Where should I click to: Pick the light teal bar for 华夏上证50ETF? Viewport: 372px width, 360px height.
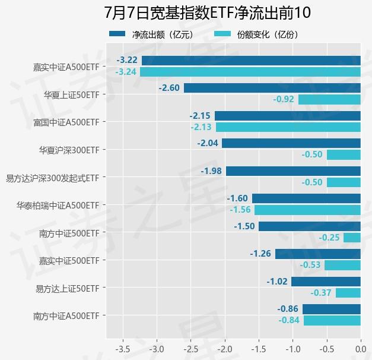click(329, 99)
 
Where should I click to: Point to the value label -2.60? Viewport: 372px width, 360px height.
click(169, 88)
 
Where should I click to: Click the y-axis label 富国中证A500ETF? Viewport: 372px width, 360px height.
click(66, 122)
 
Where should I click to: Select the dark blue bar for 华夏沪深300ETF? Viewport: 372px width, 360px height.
click(291, 143)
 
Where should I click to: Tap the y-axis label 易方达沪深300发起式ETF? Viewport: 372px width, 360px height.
click(52, 177)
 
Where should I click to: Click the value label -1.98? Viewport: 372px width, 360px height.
click(211, 171)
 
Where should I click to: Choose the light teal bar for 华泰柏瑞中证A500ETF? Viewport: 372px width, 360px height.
click(307, 210)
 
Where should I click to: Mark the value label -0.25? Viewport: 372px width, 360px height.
click(329, 238)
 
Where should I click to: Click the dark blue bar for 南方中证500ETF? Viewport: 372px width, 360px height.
click(310, 226)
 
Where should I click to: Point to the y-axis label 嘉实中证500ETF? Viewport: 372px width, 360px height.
click(69, 260)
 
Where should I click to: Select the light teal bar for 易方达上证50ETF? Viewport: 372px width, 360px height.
click(348, 293)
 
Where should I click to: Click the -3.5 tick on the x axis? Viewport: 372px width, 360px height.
click(122, 348)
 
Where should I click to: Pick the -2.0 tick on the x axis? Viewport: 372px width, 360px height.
click(225, 348)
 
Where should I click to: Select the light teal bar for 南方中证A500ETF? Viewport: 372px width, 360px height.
click(332, 321)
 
